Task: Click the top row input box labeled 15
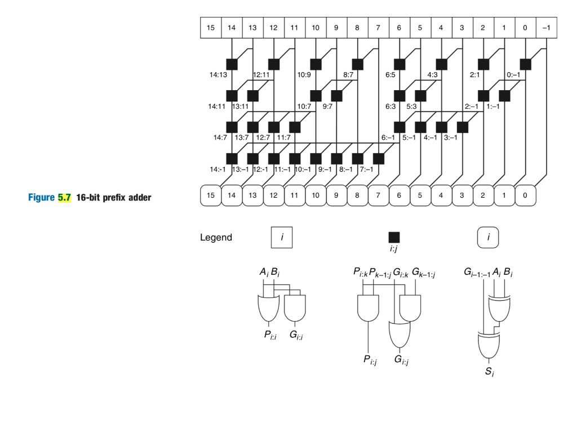[211, 28]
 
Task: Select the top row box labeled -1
[546, 28]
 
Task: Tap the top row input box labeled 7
[379, 28]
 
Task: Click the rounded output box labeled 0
[525, 195]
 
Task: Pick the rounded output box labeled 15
[211, 195]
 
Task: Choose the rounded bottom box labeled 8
[357, 195]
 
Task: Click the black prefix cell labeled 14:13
[232, 64]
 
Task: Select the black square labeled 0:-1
[525, 64]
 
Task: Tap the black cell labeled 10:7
[316, 96]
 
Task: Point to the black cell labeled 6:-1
[400, 127]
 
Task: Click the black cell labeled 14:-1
[232, 158]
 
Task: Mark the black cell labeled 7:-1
[379, 158]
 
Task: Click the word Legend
[216, 238]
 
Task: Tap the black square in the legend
[394, 237]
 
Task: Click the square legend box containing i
[282, 238]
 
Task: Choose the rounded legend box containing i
[488, 238]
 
